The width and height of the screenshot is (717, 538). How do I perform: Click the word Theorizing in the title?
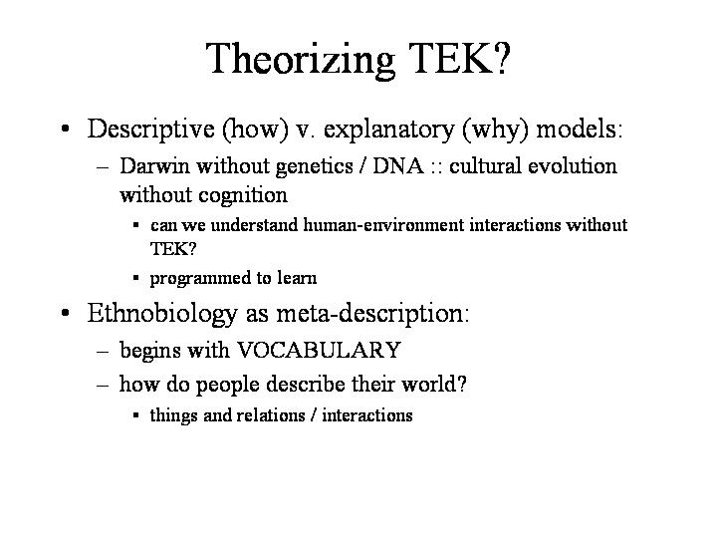pos(300,60)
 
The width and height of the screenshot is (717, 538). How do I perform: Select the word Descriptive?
pos(151,130)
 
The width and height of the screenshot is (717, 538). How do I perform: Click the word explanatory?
pos(389,130)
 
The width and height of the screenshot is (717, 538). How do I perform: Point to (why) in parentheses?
pos(495,130)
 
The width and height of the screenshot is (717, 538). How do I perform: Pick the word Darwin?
pos(154,165)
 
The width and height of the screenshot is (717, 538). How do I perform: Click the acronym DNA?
pos(398,165)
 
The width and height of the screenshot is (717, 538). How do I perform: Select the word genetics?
pos(314,167)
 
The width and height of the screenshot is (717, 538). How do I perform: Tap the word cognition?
pos(243,196)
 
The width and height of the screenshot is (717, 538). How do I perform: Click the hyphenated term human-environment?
pos(383,225)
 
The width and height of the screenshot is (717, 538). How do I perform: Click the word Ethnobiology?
pos(162,314)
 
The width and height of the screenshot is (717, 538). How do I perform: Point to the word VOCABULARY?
pos(319,350)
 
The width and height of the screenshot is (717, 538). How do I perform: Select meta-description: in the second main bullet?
pos(372,314)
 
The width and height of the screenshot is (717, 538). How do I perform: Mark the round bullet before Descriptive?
pos(65,129)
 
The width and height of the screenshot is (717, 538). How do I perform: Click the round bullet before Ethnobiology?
pos(65,313)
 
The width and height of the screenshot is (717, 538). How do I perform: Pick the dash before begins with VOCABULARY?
pos(103,352)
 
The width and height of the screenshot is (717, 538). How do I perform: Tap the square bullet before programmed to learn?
pos(135,278)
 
